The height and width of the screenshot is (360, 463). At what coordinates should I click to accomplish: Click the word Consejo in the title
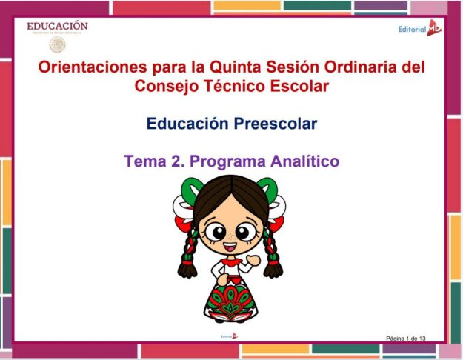click(165, 86)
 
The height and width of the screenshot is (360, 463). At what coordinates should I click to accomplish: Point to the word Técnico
click(228, 86)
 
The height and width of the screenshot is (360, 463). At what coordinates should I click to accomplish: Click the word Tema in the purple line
click(144, 160)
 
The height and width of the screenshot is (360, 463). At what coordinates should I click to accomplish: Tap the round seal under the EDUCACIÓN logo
click(57, 44)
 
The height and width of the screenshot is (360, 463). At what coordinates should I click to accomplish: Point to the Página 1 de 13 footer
click(405, 339)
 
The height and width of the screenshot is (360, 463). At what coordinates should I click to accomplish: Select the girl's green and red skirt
click(230, 300)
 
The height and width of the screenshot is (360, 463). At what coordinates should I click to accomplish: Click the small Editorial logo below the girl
click(230, 336)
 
